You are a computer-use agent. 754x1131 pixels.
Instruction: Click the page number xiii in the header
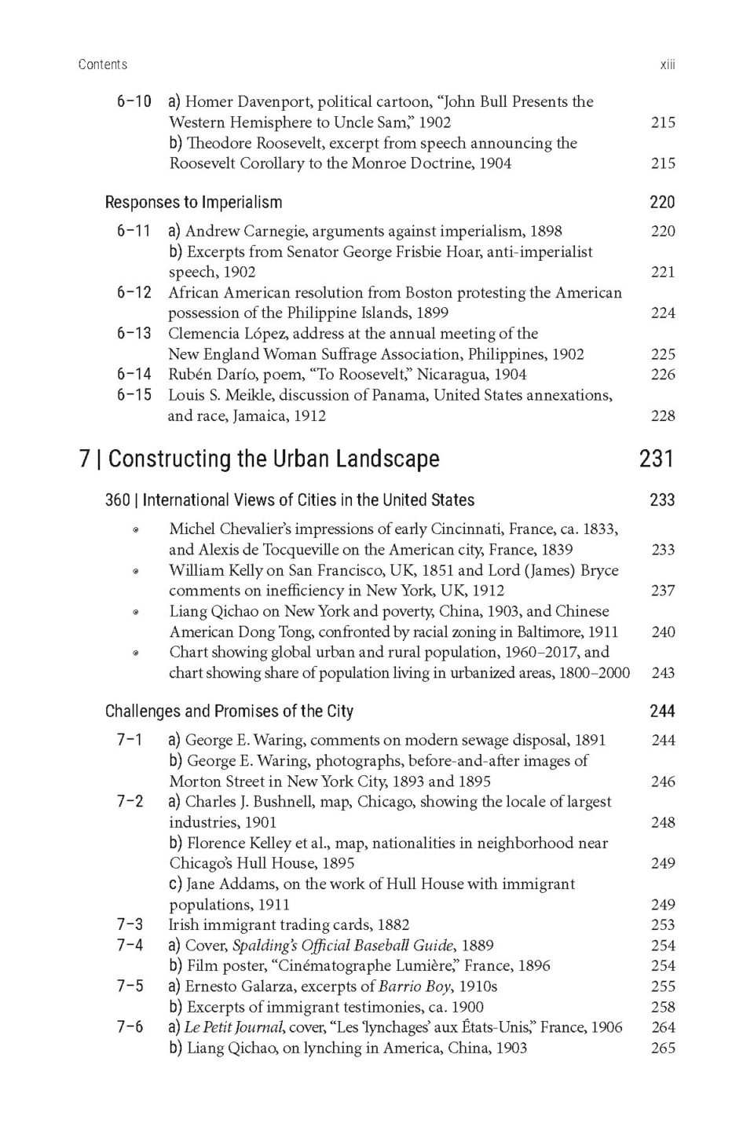667,64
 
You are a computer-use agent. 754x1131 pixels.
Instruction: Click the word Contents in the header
102,64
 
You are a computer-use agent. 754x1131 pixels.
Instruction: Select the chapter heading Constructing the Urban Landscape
274,459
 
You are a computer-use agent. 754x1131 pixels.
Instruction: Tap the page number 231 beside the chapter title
657,459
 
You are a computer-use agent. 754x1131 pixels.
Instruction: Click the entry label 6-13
134,333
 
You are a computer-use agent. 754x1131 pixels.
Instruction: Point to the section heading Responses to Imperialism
193,203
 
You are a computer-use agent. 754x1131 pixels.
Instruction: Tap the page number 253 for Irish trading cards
663,925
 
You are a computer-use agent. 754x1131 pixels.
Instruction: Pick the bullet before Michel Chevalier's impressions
136,530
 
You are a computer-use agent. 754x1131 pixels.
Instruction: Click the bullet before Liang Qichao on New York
136,612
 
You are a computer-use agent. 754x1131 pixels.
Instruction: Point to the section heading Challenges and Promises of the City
229,712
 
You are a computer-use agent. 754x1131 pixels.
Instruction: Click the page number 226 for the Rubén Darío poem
663,375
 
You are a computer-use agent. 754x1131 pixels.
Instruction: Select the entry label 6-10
134,101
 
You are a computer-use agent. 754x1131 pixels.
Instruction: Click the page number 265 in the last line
663,1048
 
